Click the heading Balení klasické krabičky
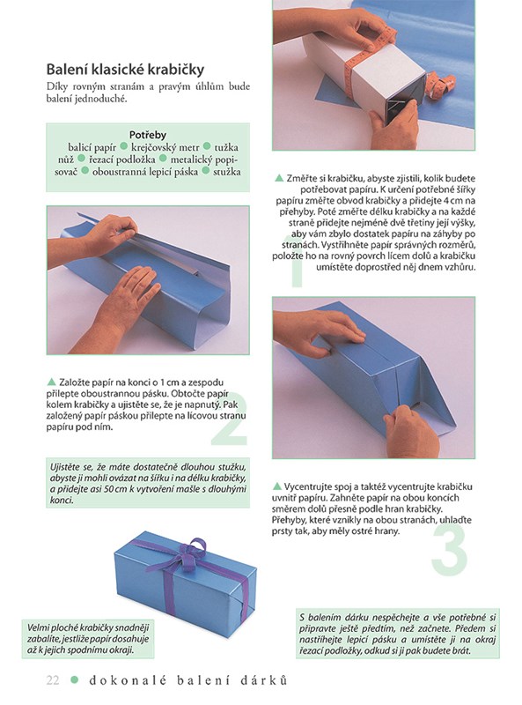tap(125, 70)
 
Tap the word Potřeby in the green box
tap(148, 135)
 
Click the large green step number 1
tap(296, 262)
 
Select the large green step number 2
tap(230, 419)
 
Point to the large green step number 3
tap(450, 548)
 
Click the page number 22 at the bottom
tap(53, 679)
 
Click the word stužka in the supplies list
tap(227, 172)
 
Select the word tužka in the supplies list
tap(226, 147)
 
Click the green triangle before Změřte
tap(279, 178)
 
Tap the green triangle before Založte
tap(51, 382)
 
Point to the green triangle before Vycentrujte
tap(276, 486)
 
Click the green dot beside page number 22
tap(75, 679)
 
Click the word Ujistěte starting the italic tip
tap(66, 467)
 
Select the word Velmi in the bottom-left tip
tap(38, 627)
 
